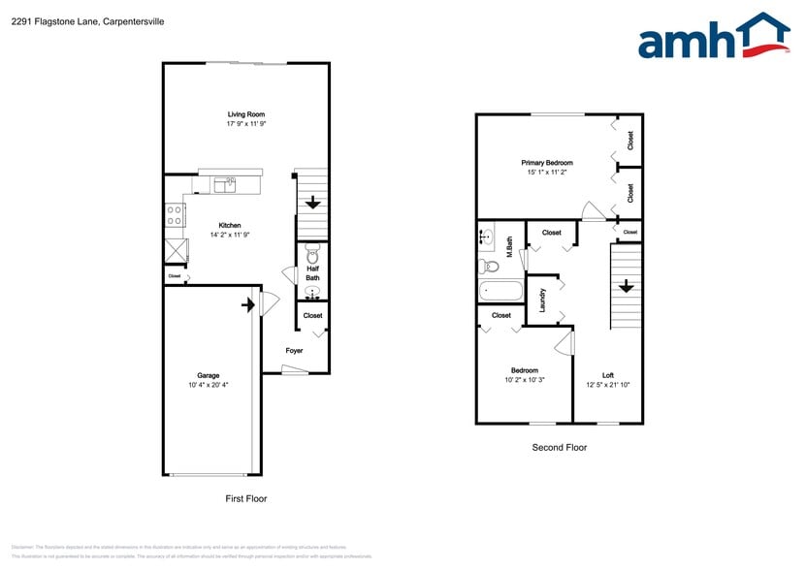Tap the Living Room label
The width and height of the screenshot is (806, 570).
point(245,114)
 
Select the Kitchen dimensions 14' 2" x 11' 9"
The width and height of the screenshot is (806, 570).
point(229,235)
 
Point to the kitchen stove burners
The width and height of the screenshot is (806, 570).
point(176,215)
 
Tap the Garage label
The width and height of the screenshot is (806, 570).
point(209,375)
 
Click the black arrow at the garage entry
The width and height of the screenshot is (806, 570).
point(248,305)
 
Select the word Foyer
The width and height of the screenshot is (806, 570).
point(294,351)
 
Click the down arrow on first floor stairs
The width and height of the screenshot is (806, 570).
point(313,204)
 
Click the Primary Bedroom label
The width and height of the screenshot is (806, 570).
point(547,163)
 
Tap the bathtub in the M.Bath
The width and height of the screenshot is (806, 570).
point(500,290)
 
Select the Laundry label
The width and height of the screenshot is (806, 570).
point(542,298)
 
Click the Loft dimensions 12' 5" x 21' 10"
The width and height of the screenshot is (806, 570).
point(607,385)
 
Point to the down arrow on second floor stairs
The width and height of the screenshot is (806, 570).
point(626,286)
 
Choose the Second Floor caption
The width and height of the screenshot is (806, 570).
point(559,447)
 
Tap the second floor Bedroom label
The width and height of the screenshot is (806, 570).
point(525,370)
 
